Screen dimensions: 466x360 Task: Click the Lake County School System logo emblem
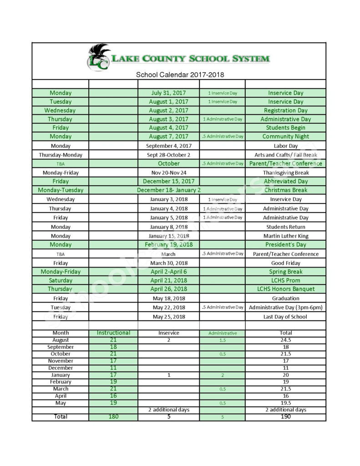(x=99, y=57)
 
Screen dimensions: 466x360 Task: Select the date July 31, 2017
(x=168, y=93)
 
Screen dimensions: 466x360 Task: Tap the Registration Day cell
(x=285, y=110)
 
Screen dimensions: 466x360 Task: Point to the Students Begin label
(x=285, y=128)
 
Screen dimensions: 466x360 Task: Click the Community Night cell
(x=285, y=137)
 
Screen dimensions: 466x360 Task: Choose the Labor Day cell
(x=285, y=146)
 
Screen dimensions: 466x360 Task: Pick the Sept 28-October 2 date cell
(x=168, y=155)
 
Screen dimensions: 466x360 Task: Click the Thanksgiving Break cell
(x=285, y=173)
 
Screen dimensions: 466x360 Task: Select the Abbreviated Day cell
(x=285, y=182)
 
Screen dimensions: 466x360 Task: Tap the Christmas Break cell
(x=285, y=190)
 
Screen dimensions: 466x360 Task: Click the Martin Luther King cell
(x=285, y=236)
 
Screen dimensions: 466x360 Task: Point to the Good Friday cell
(x=285, y=263)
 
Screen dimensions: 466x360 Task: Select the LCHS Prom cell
(x=285, y=280)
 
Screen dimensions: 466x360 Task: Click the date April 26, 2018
(x=168, y=289)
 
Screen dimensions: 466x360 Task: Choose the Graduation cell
(x=285, y=299)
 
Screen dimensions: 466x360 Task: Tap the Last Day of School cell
(x=285, y=317)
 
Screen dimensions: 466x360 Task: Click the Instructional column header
(x=113, y=333)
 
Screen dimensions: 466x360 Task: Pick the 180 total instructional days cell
(x=113, y=416)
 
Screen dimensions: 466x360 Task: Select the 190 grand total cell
(x=285, y=416)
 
